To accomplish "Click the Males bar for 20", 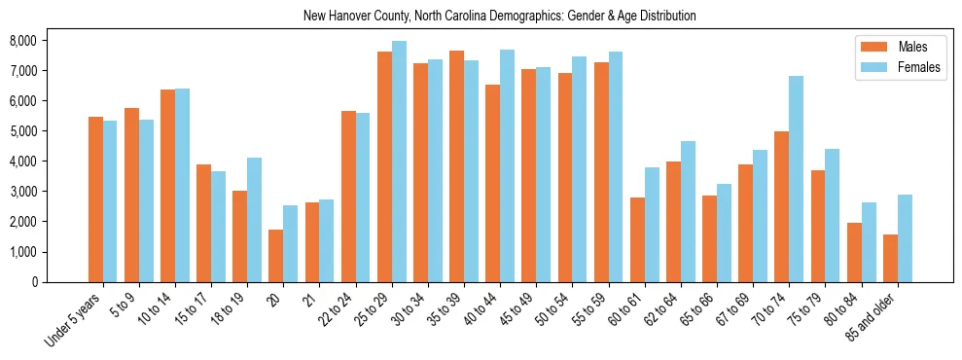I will point(275,256).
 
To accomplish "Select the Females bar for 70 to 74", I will point(796,179).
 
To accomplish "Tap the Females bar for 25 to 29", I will point(399,162).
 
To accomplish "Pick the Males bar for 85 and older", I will point(890,258).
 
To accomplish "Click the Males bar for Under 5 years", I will point(95,199).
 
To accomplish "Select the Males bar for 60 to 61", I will point(637,239).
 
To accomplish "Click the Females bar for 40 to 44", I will point(507,165).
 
